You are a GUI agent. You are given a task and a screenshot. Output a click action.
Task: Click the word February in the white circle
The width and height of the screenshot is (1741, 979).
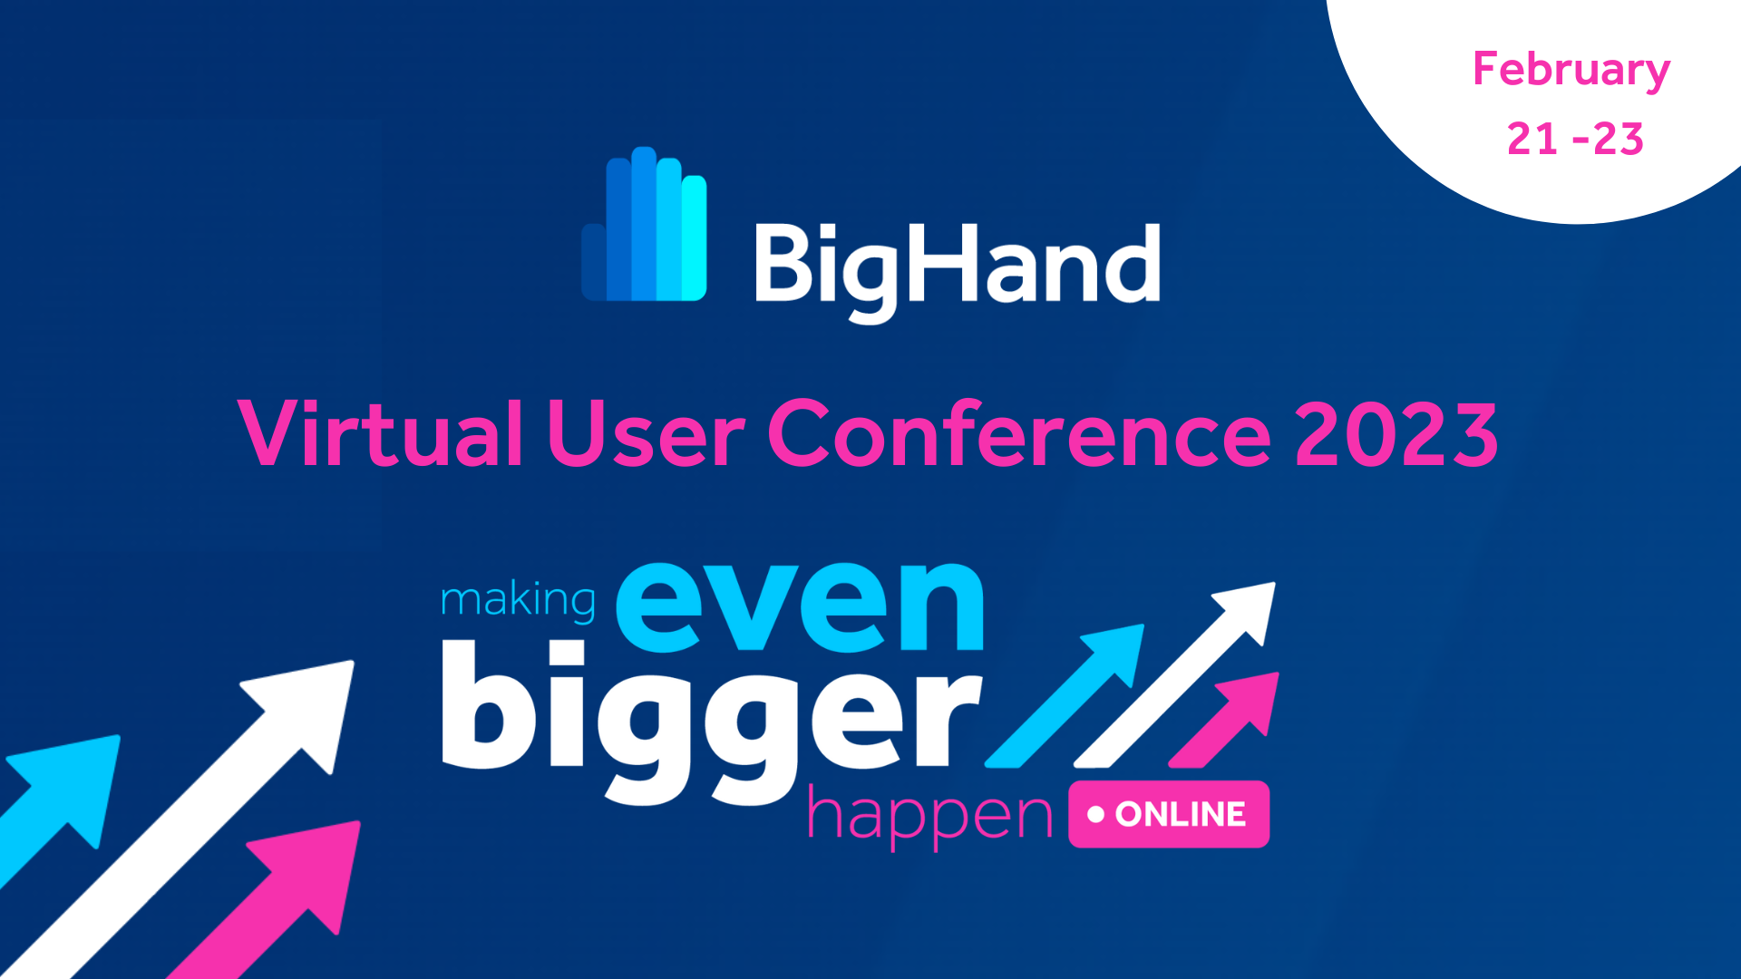pos(1571,71)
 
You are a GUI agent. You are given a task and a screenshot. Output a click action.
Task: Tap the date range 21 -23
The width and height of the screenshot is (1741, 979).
pos(1575,140)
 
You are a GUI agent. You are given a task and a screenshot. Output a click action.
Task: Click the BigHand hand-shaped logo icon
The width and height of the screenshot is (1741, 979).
pos(645,227)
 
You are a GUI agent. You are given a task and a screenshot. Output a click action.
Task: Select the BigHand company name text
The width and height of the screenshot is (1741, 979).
pos(957,265)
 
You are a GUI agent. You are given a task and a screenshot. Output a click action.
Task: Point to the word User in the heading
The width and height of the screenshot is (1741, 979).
pos(646,435)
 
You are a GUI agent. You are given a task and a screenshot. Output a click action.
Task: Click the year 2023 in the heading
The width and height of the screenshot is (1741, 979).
pos(1396,435)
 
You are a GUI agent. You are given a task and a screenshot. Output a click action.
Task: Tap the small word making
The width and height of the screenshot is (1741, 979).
pos(518,600)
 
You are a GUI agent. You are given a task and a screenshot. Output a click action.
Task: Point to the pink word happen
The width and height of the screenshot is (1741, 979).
pos(929,816)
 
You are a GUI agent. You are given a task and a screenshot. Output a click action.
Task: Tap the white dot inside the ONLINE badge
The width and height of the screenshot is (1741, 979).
pos(1095,814)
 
